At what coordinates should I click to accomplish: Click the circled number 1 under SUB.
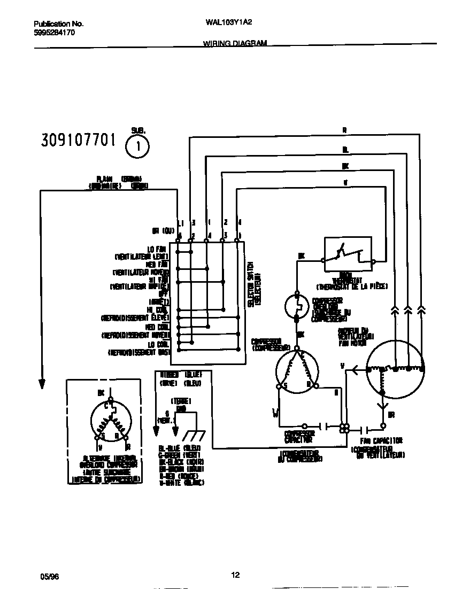tap(137, 146)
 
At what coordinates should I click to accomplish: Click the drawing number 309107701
tap(78, 141)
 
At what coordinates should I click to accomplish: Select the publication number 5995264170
tap(54, 33)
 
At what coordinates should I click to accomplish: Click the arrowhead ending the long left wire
tap(41, 383)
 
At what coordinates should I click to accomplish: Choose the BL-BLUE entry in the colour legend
tap(170, 447)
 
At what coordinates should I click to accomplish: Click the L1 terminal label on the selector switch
tap(180, 222)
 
